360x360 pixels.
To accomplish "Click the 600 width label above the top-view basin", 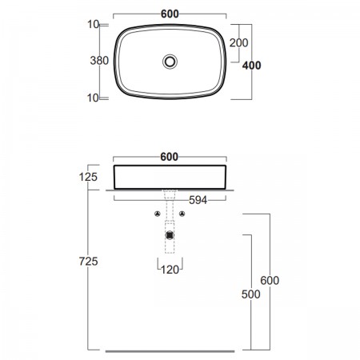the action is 170,14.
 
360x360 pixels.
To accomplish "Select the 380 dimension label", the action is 99,61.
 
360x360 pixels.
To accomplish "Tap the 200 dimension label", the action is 238,42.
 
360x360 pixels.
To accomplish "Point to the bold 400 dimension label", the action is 251,66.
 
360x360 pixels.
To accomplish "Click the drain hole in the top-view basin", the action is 170,62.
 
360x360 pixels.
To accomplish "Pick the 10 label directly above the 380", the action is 94,25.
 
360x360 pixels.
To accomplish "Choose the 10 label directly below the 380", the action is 93,98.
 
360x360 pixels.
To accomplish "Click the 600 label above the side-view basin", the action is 170,157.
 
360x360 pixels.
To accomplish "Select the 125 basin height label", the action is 88,177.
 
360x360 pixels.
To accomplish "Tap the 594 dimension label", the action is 198,200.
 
